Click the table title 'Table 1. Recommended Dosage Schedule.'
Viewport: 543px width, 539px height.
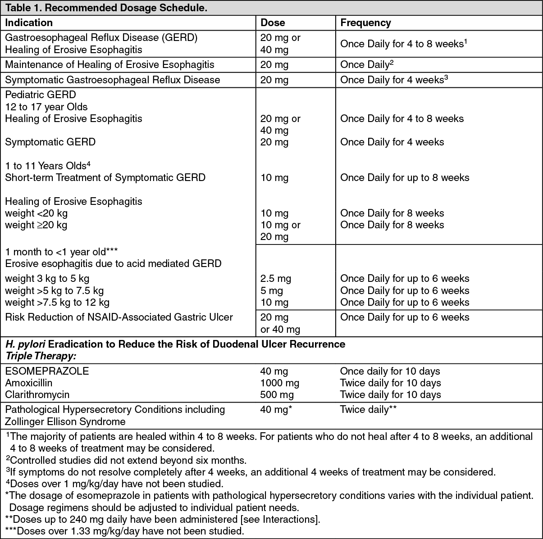point(106,8)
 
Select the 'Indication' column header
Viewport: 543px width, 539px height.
point(29,23)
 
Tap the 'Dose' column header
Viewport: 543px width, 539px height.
point(273,23)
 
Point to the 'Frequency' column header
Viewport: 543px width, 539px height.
point(365,23)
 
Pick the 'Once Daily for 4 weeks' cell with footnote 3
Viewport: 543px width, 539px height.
point(394,80)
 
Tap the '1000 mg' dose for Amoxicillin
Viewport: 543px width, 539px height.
point(279,383)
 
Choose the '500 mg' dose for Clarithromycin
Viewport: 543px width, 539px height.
point(277,394)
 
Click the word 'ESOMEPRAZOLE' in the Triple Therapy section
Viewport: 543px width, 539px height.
point(47,371)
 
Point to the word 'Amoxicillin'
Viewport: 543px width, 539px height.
point(28,383)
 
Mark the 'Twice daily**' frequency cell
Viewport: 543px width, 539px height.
point(368,409)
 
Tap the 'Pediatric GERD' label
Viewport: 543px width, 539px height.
point(41,95)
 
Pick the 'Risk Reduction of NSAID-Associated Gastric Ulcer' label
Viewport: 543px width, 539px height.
point(119,317)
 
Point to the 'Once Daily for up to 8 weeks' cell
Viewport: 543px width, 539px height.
point(405,177)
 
